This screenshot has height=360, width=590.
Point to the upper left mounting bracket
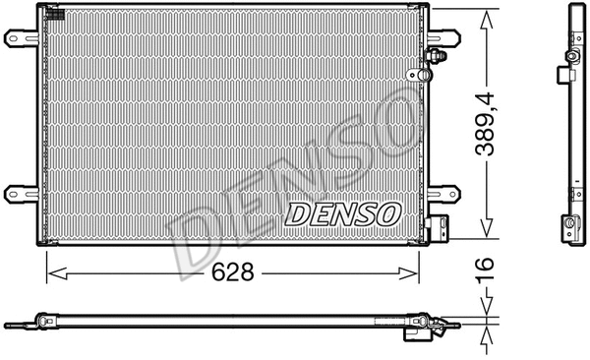pos(19,38)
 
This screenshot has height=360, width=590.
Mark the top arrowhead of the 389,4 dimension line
pos(485,16)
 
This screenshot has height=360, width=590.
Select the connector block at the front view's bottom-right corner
pos(441,228)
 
